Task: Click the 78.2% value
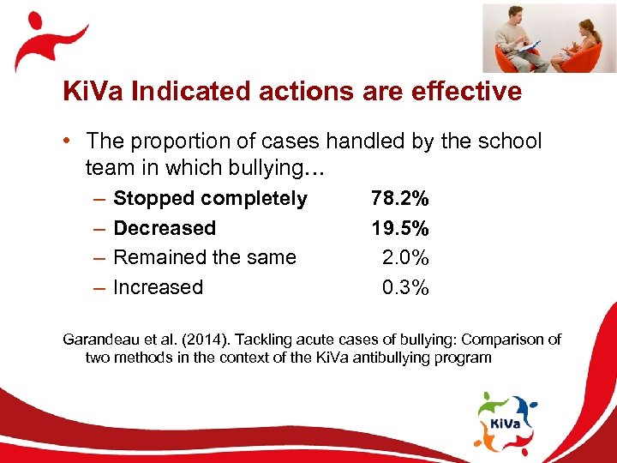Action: coord(399,199)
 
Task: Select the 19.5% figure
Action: coord(399,228)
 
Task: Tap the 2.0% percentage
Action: coord(404,257)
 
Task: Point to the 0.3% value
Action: coord(404,287)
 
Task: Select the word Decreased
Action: coord(165,228)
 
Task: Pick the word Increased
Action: coord(159,287)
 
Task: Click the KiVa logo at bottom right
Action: coord(506,421)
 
